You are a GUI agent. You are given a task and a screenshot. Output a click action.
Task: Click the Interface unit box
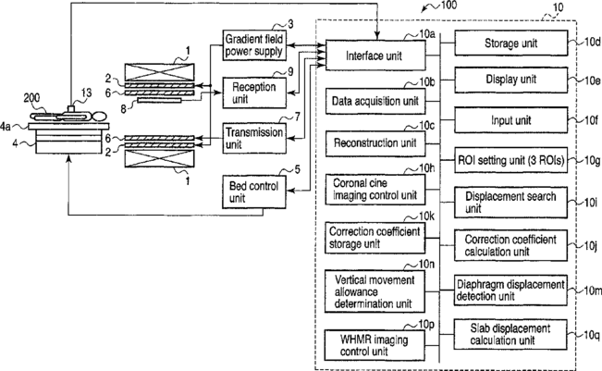[375, 56]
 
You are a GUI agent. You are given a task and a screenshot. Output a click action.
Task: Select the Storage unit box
[511, 43]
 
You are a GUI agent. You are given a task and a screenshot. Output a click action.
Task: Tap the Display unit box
[511, 80]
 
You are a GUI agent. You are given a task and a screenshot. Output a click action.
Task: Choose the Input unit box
[511, 120]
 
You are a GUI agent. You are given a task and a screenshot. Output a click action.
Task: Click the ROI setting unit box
[511, 160]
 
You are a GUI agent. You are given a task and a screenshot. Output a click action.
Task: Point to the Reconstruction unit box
[375, 143]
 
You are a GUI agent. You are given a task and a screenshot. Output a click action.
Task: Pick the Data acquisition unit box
[375, 102]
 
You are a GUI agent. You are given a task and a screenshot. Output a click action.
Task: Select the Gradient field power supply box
[254, 45]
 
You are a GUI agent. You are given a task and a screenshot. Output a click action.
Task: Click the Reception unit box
[254, 93]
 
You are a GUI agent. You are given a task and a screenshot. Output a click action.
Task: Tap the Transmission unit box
[254, 138]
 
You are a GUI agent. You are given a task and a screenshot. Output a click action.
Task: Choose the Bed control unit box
[254, 192]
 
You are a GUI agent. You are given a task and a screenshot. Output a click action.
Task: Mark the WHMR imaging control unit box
[375, 345]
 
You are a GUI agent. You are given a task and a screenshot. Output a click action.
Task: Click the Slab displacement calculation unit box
[510, 334]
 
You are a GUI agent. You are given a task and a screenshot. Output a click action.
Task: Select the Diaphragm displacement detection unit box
[510, 291]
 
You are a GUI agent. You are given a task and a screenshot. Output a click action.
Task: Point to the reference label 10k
[426, 216]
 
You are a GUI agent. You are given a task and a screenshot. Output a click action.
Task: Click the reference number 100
[448, 5]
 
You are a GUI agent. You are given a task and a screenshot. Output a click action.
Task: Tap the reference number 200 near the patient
[31, 98]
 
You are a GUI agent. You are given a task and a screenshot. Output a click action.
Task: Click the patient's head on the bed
[99, 116]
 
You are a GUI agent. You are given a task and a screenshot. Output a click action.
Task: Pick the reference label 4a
[6, 126]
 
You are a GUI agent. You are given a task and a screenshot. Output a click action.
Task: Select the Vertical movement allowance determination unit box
[375, 291]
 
